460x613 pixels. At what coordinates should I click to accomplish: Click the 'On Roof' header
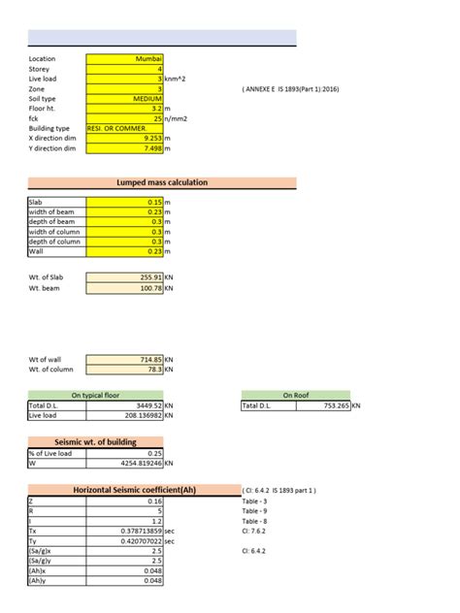click(295, 395)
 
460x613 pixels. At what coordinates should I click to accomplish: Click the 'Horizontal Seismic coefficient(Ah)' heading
click(129, 490)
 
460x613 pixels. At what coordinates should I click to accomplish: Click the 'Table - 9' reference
click(254, 510)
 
